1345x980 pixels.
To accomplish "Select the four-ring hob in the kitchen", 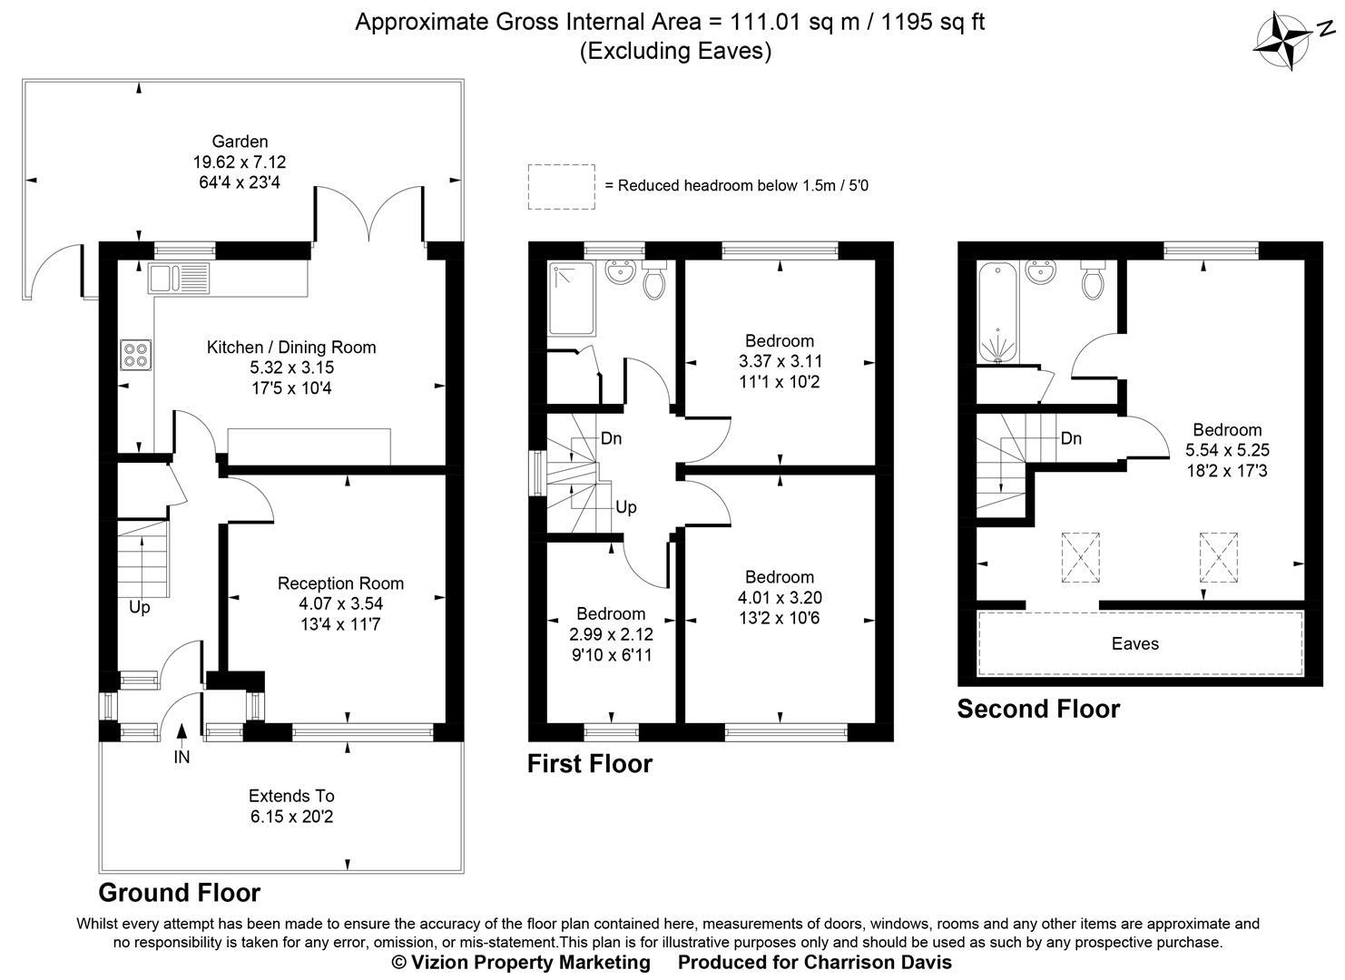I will (x=136, y=354).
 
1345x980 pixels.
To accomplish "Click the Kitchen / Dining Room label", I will (x=291, y=348).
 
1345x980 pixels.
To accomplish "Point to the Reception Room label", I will (x=340, y=583).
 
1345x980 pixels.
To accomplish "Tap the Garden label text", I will (x=240, y=142).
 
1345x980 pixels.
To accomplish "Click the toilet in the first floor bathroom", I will (x=653, y=279).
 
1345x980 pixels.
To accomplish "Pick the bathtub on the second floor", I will (x=997, y=311).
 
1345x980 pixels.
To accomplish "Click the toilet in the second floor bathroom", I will (x=1094, y=279).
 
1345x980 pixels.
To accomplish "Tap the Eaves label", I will (x=1135, y=643).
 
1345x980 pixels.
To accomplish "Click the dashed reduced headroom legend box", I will (x=561, y=187).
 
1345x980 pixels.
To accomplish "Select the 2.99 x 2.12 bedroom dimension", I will (x=611, y=634).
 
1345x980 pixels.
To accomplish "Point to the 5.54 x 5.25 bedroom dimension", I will (x=1227, y=450).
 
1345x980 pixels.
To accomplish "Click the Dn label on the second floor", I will (x=1071, y=439).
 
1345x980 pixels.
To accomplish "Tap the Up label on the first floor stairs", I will (x=626, y=507).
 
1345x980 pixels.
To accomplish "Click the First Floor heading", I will (x=590, y=764).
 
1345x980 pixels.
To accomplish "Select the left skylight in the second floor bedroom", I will (x=1082, y=556).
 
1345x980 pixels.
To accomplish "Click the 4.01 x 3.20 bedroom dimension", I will (x=780, y=598).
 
